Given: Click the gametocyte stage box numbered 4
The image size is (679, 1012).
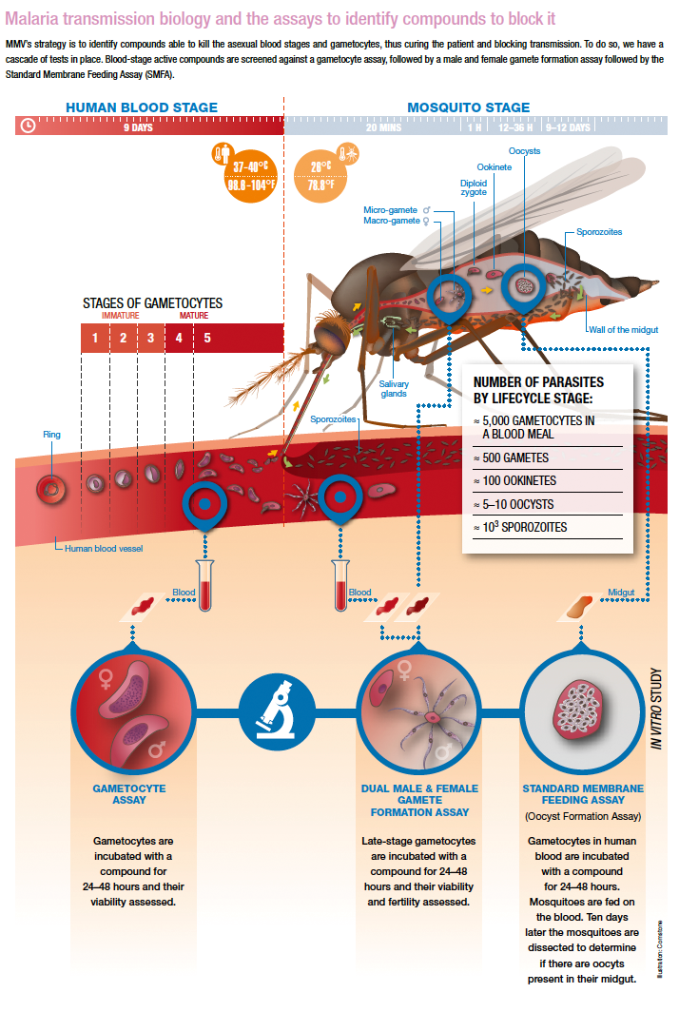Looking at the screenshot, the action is point(178,338).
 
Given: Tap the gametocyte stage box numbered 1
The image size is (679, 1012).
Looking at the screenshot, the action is point(95,338).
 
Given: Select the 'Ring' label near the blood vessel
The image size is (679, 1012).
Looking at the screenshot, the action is point(51,435).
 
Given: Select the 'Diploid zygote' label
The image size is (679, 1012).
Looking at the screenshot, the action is point(474,187).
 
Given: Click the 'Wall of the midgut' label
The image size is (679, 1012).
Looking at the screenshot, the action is point(623,329).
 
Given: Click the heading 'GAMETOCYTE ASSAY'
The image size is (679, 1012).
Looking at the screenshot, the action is point(129,794).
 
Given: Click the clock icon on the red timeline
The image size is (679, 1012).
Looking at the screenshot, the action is point(29,126).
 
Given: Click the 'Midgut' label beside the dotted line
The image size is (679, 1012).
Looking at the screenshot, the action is point(621,593).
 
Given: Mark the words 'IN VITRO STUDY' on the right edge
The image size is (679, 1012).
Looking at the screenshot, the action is point(656,709).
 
